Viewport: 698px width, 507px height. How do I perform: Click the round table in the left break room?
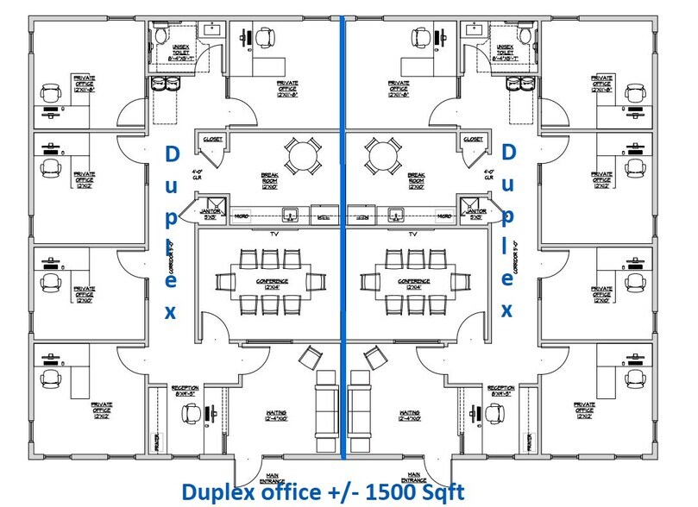(x=301, y=157)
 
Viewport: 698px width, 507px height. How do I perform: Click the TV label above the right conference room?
(x=413, y=234)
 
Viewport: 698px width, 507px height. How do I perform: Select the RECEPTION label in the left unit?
(x=186, y=391)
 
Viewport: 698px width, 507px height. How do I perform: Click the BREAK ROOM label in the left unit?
(x=270, y=177)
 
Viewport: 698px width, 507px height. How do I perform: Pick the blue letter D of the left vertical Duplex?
(x=171, y=154)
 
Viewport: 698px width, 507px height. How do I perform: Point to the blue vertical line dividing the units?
(x=343, y=259)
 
